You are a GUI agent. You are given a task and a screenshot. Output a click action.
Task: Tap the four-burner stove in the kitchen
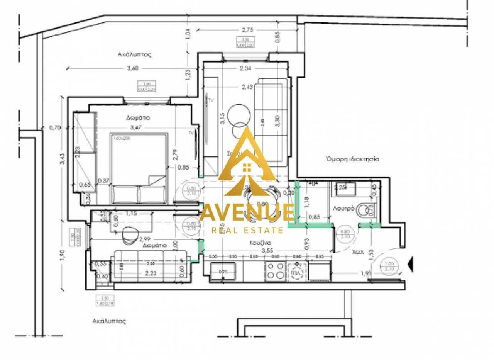[x=275, y=271]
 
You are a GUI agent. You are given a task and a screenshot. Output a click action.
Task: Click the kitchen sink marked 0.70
[x=223, y=271]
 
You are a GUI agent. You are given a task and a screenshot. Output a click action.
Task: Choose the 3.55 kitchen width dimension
[x=267, y=251]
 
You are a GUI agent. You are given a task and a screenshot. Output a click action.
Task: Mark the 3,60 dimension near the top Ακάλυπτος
[x=132, y=68]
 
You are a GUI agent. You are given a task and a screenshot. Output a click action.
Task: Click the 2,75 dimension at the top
[x=247, y=29]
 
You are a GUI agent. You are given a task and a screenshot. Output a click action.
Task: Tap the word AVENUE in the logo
[x=247, y=214]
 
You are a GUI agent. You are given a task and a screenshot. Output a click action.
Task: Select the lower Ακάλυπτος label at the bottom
[x=110, y=321]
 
